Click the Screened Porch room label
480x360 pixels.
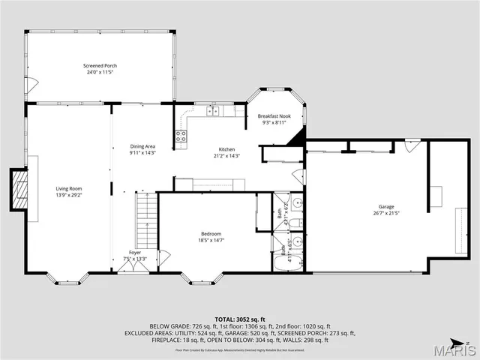pos(100,66)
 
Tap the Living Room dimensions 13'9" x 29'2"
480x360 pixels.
pos(68,195)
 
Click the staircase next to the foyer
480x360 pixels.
pos(147,219)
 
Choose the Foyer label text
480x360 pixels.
pos(134,253)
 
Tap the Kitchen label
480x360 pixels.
pos(227,148)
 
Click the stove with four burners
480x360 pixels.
pos(181,136)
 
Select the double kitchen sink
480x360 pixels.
pos(212,111)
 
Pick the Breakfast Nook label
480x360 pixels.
pos(274,116)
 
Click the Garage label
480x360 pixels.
pos(386,206)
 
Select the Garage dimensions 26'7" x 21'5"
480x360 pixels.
pos(386,213)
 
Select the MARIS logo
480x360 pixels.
pos(454,349)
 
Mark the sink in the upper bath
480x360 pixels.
pos(297,203)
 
